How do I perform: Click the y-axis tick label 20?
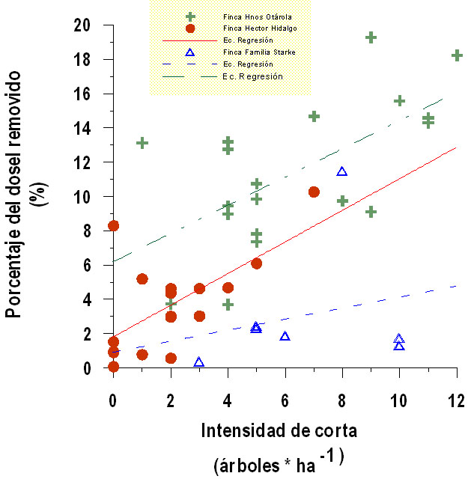pos(82,25)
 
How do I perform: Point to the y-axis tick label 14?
pos(82,128)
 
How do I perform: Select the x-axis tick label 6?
pos(285,401)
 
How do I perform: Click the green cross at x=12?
pos(457,55)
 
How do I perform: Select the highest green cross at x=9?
pos(371,37)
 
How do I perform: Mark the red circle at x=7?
pos(314,192)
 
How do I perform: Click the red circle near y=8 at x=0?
pos(113,225)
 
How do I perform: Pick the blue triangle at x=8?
pos(342,172)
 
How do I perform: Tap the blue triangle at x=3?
pos(199,362)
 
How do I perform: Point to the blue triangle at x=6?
pos(285,337)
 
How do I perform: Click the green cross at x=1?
pos(142,143)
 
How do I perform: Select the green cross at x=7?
pos(314,116)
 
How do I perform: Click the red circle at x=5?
pos(256,263)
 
